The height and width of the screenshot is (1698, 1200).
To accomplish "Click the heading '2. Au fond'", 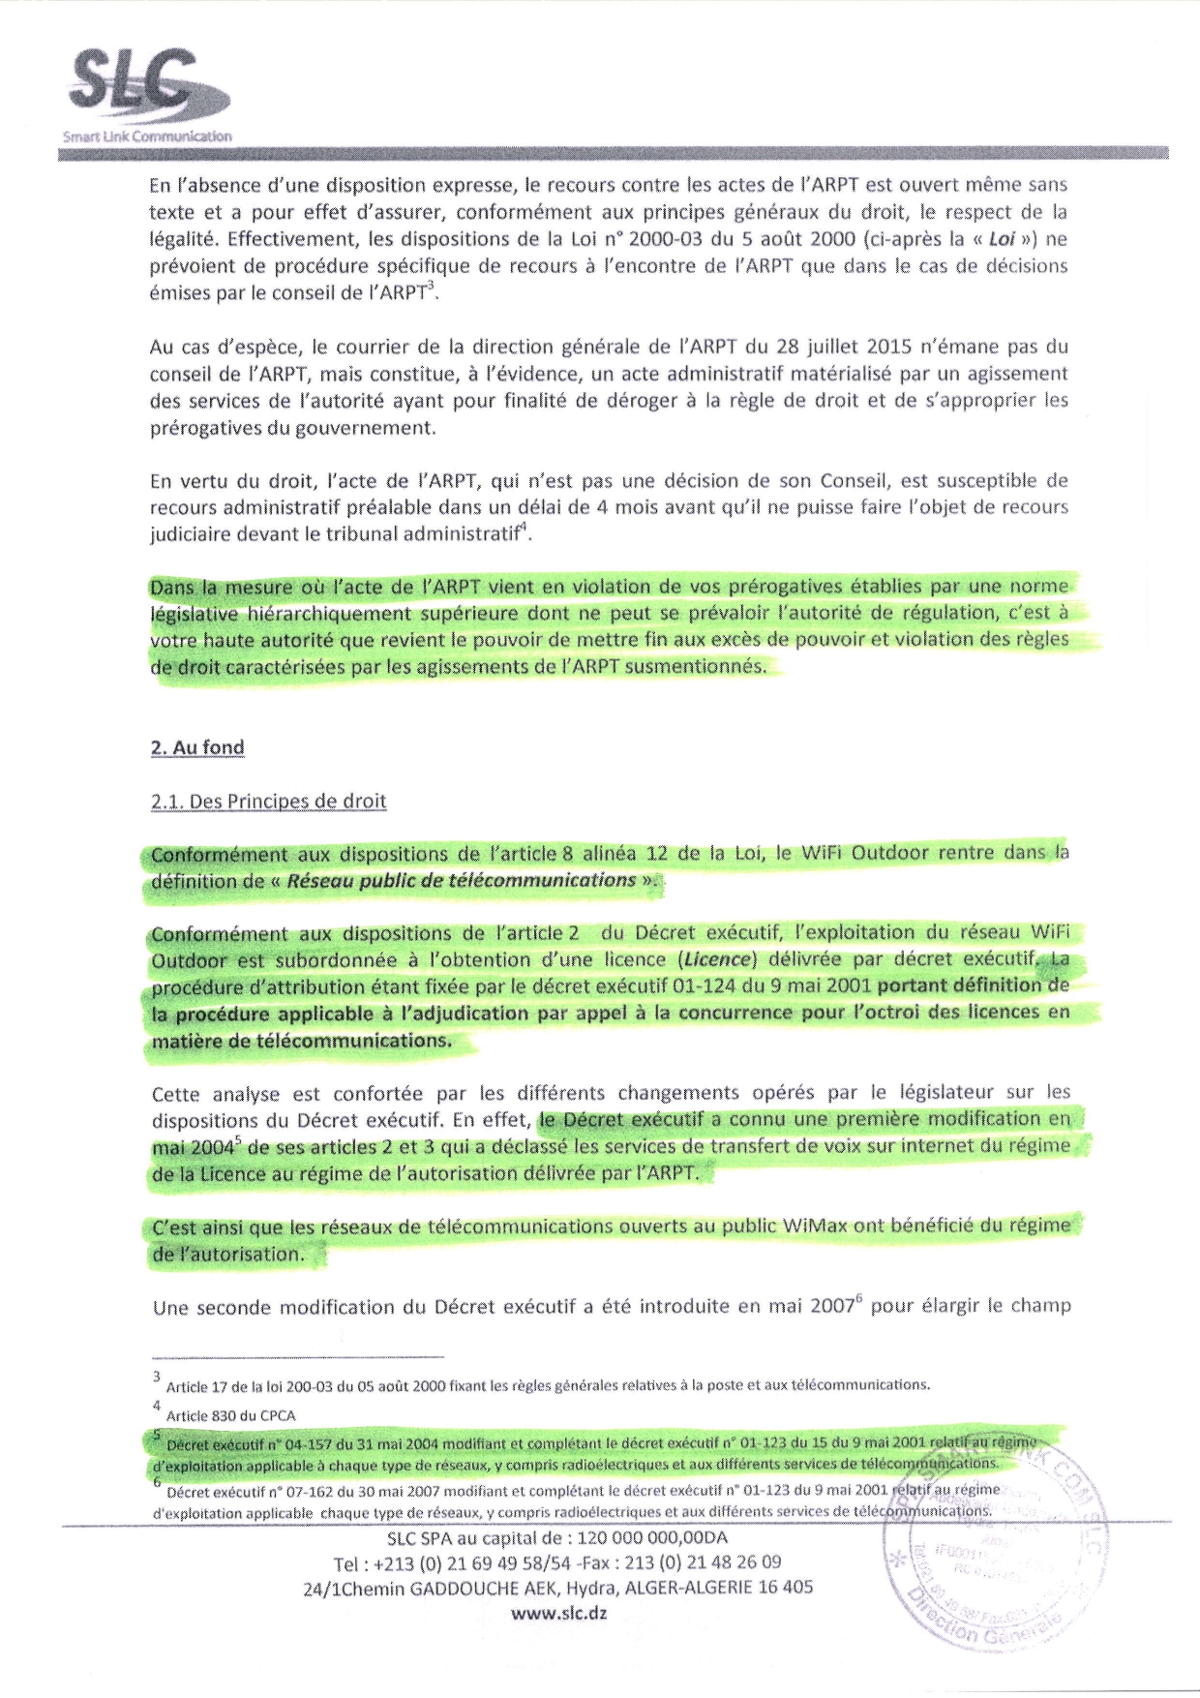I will click(197, 747).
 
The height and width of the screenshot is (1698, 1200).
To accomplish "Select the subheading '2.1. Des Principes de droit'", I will click(268, 802).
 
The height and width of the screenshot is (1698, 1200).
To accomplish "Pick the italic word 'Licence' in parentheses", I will click(717, 959).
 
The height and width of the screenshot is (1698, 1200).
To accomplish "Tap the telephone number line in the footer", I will click(557, 1562).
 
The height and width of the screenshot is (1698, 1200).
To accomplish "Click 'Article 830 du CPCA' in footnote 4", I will click(230, 1415).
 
